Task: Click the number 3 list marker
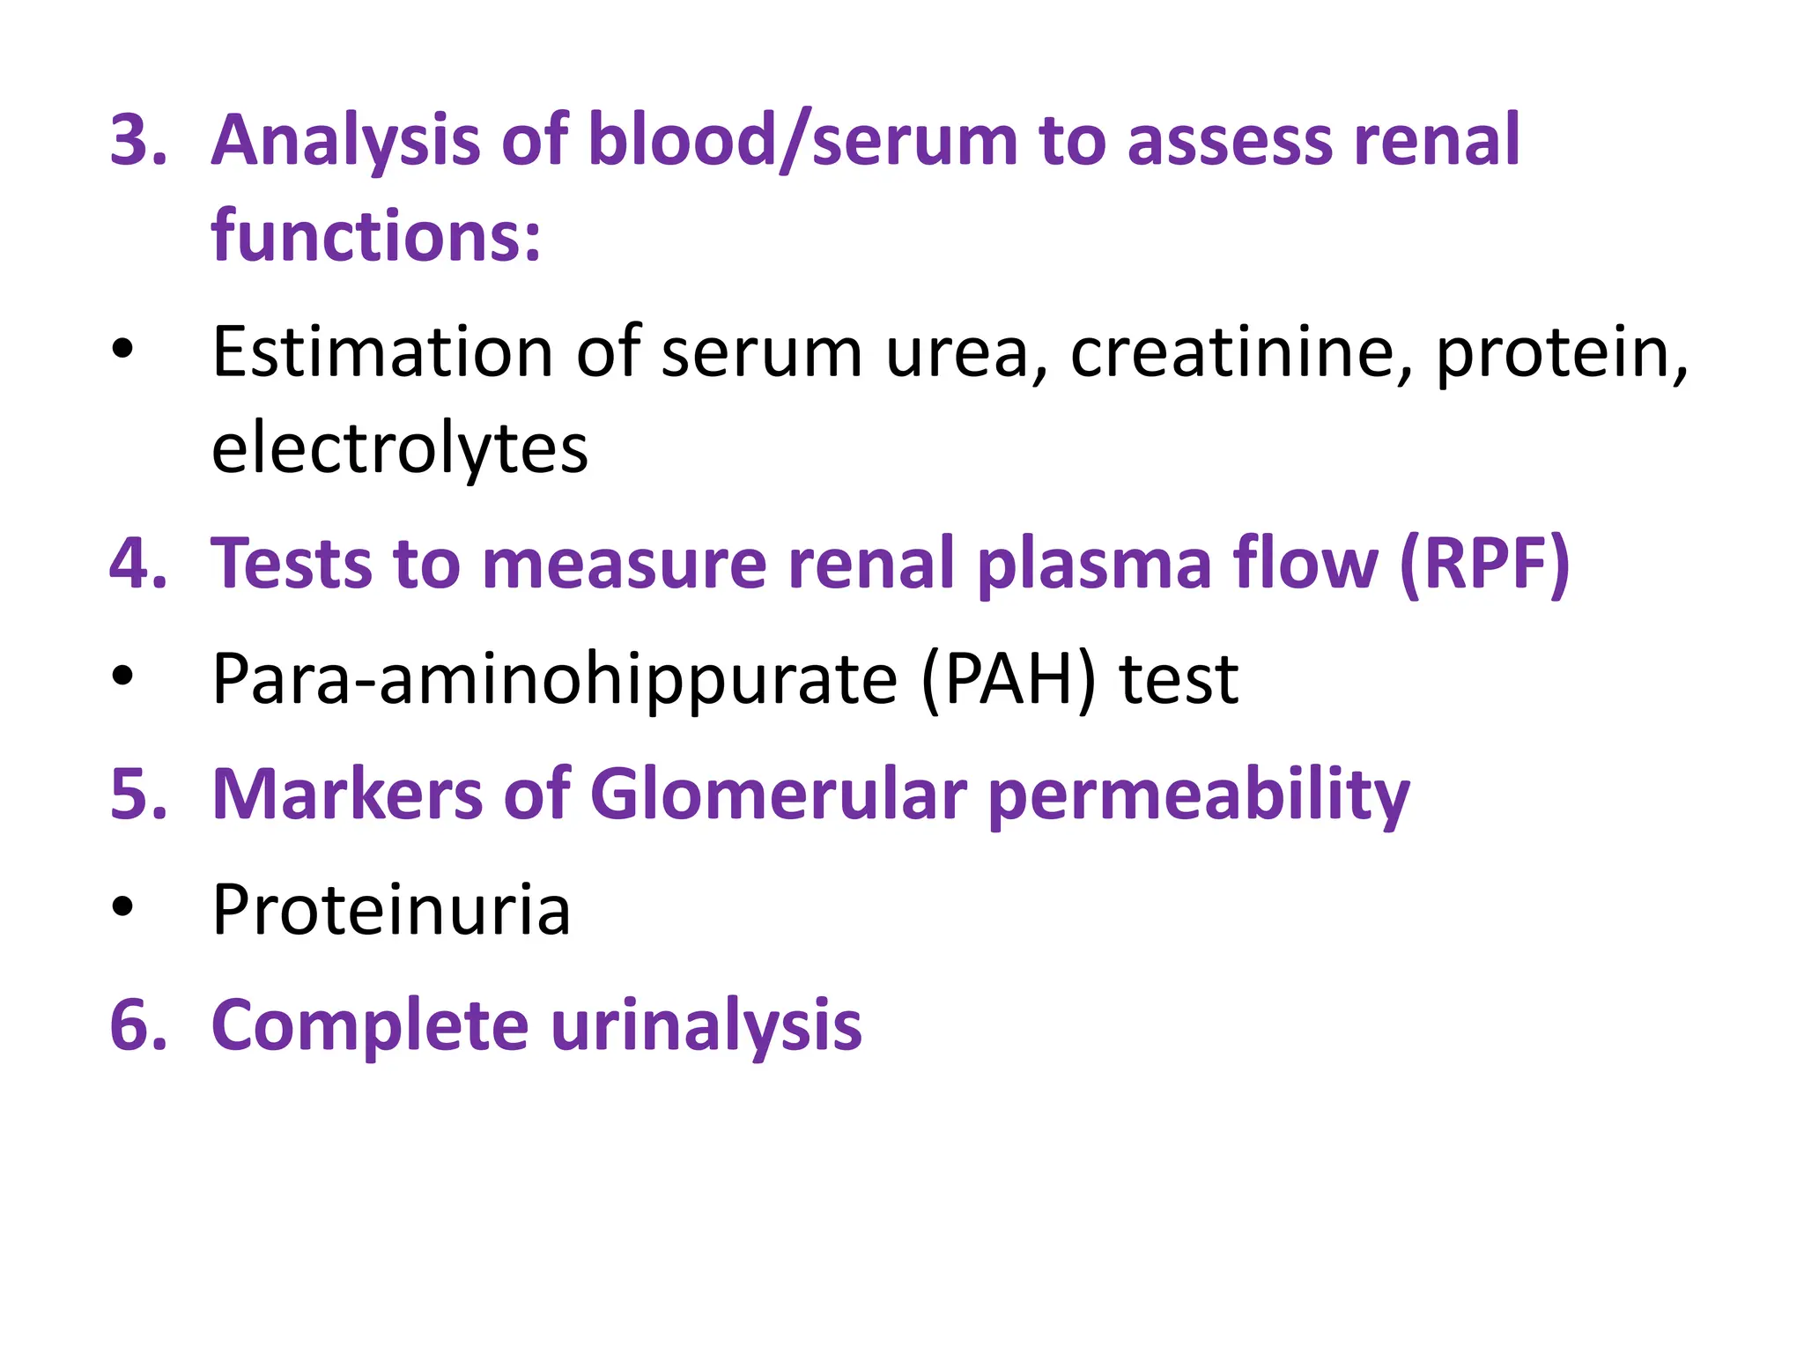pos(137,140)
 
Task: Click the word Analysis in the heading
pos(346,140)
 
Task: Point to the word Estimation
pos(382,351)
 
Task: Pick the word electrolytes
pos(399,448)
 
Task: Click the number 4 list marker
pos(137,564)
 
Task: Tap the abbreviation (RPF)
pos(1484,564)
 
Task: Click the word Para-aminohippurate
pos(555,679)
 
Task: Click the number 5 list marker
pos(137,795)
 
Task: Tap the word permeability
pos(1199,795)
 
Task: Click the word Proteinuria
pos(391,910)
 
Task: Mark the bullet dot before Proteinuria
pos(122,906)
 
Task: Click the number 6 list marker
pos(137,1025)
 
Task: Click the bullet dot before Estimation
pos(122,349)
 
